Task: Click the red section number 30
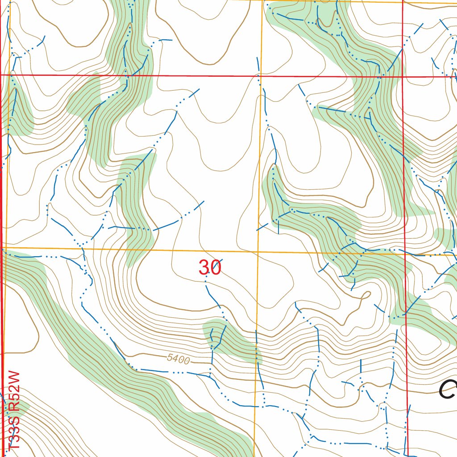tap(210, 267)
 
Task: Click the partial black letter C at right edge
tap(448, 390)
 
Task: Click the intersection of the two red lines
tap(403, 76)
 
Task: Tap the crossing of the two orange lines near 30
tap(258, 252)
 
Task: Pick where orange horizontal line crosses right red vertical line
tap(405, 255)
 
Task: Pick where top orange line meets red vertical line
tap(403, 2)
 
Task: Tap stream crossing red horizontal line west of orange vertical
tap(128, 75)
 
